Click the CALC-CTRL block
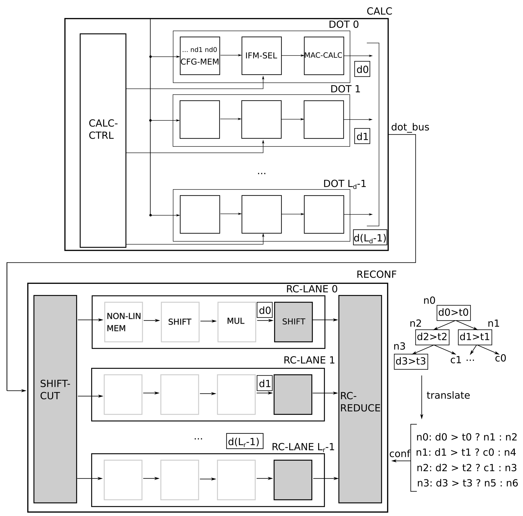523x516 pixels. coord(103,140)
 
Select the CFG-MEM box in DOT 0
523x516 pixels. coord(200,56)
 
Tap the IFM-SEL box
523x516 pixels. coord(261,56)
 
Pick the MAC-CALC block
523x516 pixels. coord(324,56)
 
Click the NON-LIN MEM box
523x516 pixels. coord(123,322)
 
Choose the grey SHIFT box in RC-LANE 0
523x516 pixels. coord(293,322)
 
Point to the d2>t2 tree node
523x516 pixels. coord(432,337)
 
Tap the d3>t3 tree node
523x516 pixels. coord(411,362)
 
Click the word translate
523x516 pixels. coord(448,395)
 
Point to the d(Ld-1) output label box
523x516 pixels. coord(370,238)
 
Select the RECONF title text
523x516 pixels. coord(376,275)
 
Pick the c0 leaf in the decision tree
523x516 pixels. coord(500,358)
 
